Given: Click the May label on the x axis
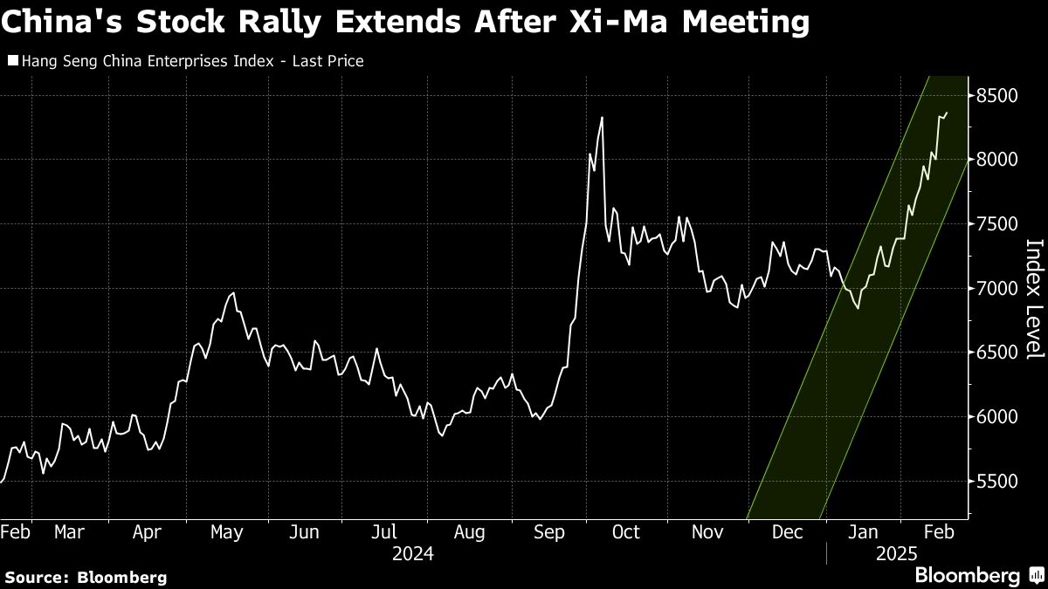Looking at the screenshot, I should click(227, 532).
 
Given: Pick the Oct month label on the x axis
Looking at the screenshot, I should click(626, 532).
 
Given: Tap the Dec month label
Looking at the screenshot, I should click(788, 532).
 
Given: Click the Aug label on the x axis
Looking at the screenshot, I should click(470, 532).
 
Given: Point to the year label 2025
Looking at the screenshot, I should click(897, 553).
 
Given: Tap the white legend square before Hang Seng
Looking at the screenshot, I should click(11, 61).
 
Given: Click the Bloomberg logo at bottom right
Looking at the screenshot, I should click(967, 576).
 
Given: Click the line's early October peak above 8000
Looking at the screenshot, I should click(602, 118).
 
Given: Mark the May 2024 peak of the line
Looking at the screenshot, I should click(232, 293).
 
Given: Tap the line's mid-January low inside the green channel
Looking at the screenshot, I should click(858, 308).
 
